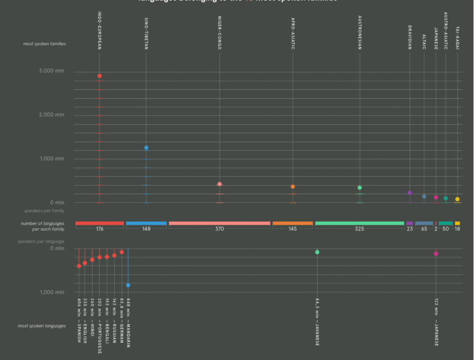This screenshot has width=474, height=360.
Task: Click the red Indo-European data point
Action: tap(100, 76)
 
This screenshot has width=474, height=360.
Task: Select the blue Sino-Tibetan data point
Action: tap(146, 148)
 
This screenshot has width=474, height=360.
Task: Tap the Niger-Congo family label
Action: tap(220, 33)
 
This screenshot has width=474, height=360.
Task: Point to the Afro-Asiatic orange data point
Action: tap(293, 187)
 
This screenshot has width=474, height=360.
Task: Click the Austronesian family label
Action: tap(360, 33)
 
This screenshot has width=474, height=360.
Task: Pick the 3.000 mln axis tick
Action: tap(51, 71)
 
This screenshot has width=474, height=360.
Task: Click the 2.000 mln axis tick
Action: tap(51, 115)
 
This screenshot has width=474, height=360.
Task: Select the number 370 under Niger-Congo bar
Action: tap(220, 229)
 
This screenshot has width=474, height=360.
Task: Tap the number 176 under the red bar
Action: tap(100, 229)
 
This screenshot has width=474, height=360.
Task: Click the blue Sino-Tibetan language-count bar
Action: tap(146, 223)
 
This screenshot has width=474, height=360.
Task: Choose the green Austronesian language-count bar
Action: tap(360, 223)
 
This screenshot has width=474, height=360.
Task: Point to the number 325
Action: tap(359, 229)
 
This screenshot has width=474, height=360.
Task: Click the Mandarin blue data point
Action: tap(128, 285)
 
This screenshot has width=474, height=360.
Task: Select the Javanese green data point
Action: tap(317, 252)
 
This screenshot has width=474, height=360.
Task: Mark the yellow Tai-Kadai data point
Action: tap(457, 199)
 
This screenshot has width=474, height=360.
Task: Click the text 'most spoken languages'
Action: tap(42, 326)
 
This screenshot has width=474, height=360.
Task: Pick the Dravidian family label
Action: tap(410, 37)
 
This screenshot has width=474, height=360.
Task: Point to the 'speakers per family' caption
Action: tap(44, 210)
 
